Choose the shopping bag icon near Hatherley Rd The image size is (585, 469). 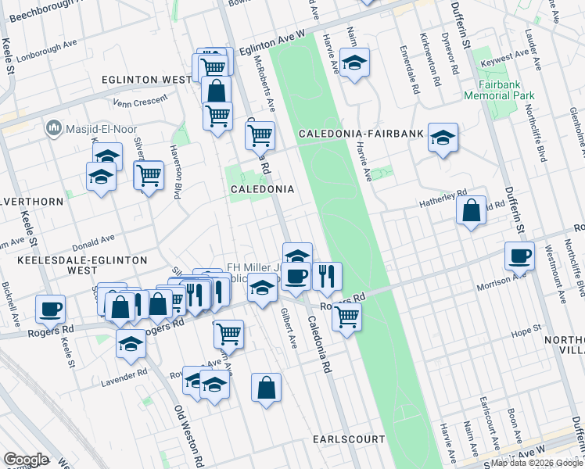tap(471, 210)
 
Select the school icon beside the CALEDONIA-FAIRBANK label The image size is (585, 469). tap(443, 138)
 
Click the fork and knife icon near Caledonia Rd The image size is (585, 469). tap(326, 275)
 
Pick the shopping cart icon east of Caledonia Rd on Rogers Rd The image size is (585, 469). tap(346, 317)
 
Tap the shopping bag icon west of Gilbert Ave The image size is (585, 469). tap(266, 386)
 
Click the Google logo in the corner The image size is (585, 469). tap(26, 460)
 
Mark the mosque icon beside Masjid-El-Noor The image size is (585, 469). tap(54, 127)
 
